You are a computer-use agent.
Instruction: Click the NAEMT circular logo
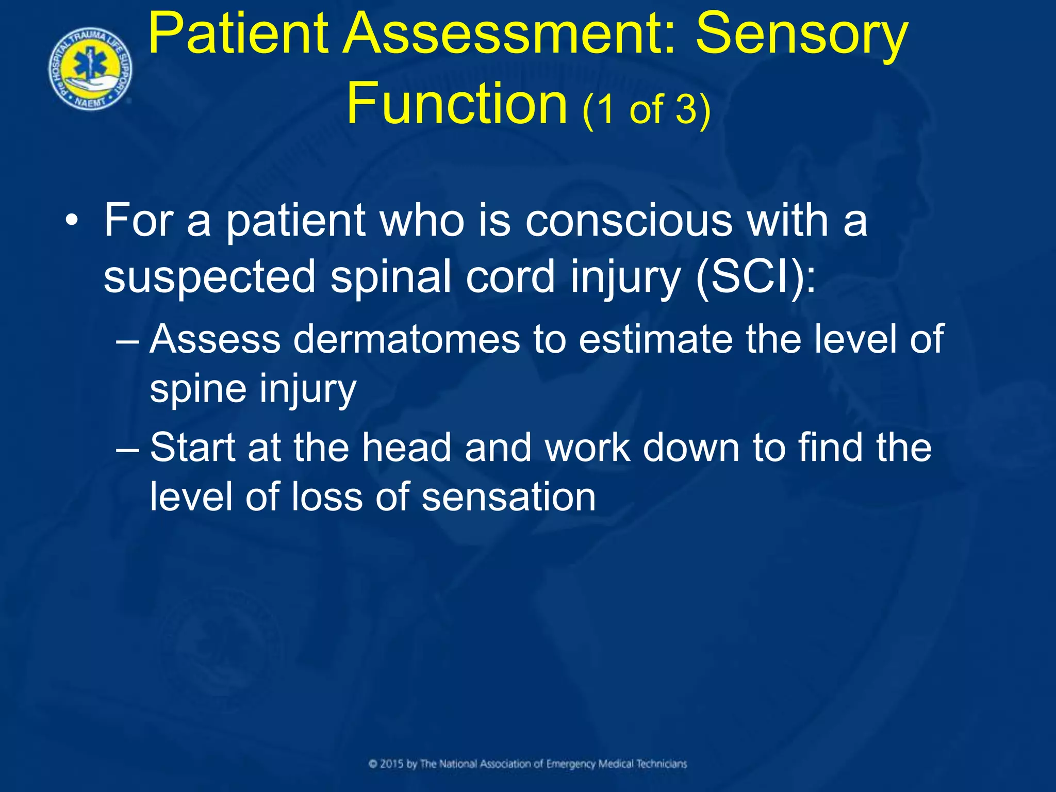coord(90,69)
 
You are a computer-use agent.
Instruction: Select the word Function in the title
coord(457,103)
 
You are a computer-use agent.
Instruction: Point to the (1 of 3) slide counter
coord(647,109)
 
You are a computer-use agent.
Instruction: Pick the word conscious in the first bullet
coord(629,221)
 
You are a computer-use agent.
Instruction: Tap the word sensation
coord(508,497)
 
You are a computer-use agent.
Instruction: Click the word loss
coord(326,497)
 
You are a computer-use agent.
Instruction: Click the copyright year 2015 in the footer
coord(392,764)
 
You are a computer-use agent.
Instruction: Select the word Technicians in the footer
coord(661,764)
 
